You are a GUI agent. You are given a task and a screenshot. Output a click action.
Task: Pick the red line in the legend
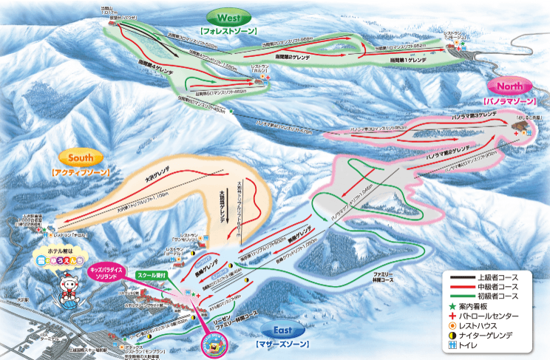[x=462, y=286]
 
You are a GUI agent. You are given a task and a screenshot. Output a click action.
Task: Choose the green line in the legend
[x=462, y=296]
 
